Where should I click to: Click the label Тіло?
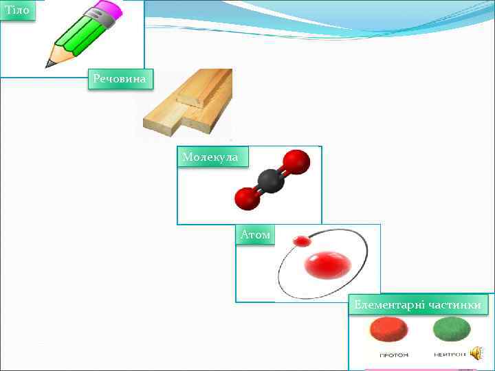pyautogui.click(x=16, y=11)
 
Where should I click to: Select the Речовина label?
pyautogui.click(x=121, y=80)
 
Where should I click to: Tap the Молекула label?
pyautogui.click(x=210, y=157)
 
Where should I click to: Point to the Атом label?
pyautogui.click(x=255, y=236)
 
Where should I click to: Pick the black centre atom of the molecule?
pyautogui.click(x=270, y=181)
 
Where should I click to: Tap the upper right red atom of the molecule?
pyautogui.click(x=296, y=162)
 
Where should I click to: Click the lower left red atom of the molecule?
pyautogui.click(x=245, y=199)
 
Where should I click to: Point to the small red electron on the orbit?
pyautogui.click(x=301, y=241)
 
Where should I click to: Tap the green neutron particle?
pyautogui.click(x=451, y=330)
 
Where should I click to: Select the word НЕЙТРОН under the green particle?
pyautogui.click(x=449, y=355)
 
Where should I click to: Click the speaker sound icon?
pyautogui.click(x=478, y=353)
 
